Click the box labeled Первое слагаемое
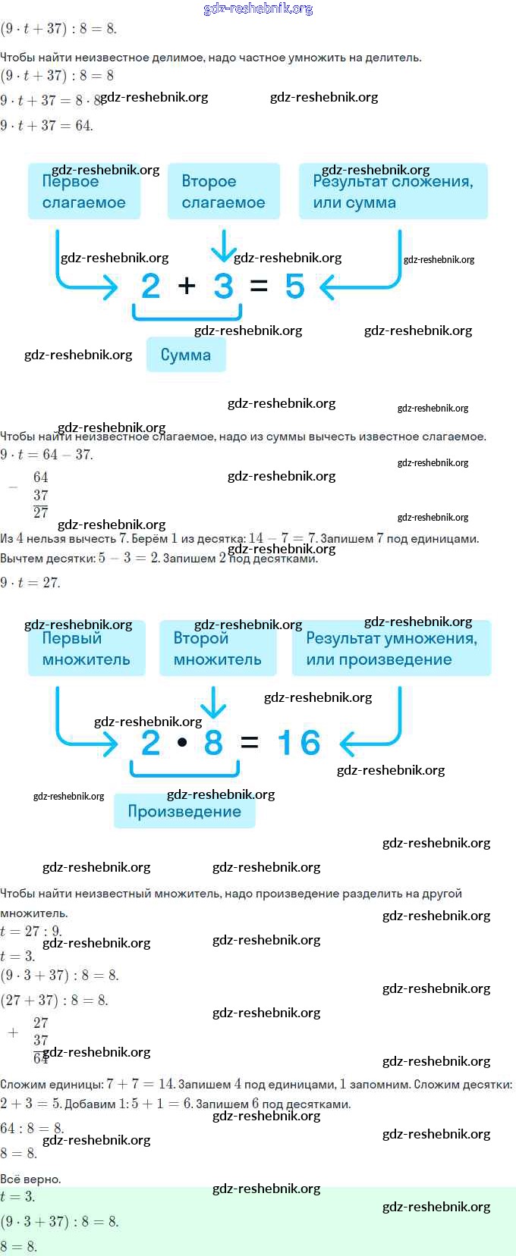pyautogui.click(x=84, y=192)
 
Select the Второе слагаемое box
pyautogui.click(x=223, y=192)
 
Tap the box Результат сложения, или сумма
pyautogui.click(x=393, y=192)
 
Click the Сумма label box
pyautogui.click(x=186, y=355)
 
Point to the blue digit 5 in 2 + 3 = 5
pyautogui.click(x=294, y=287)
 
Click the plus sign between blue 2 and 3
pyautogui.click(x=187, y=286)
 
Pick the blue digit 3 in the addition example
pyautogui.click(x=223, y=287)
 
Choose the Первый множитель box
pyautogui.click(x=86, y=649)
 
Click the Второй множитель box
pyautogui.click(x=217, y=649)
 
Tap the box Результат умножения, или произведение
pyautogui.click(x=392, y=649)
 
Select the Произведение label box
pyautogui.click(x=184, y=812)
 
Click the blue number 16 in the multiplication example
pyautogui.click(x=299, y=744)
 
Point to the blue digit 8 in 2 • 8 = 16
pyautogui.click(x=213, y=744)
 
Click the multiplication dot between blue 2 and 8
pyautogui.click(x=182, y=743)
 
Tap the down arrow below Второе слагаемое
pyautogui.click(x=222, y=247)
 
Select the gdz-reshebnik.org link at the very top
pyautogui.click(x=259, y=9)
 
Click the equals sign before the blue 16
pyautogui.click(x=249, y=744)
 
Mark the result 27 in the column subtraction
pyautogui.click(x=41, y=513)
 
